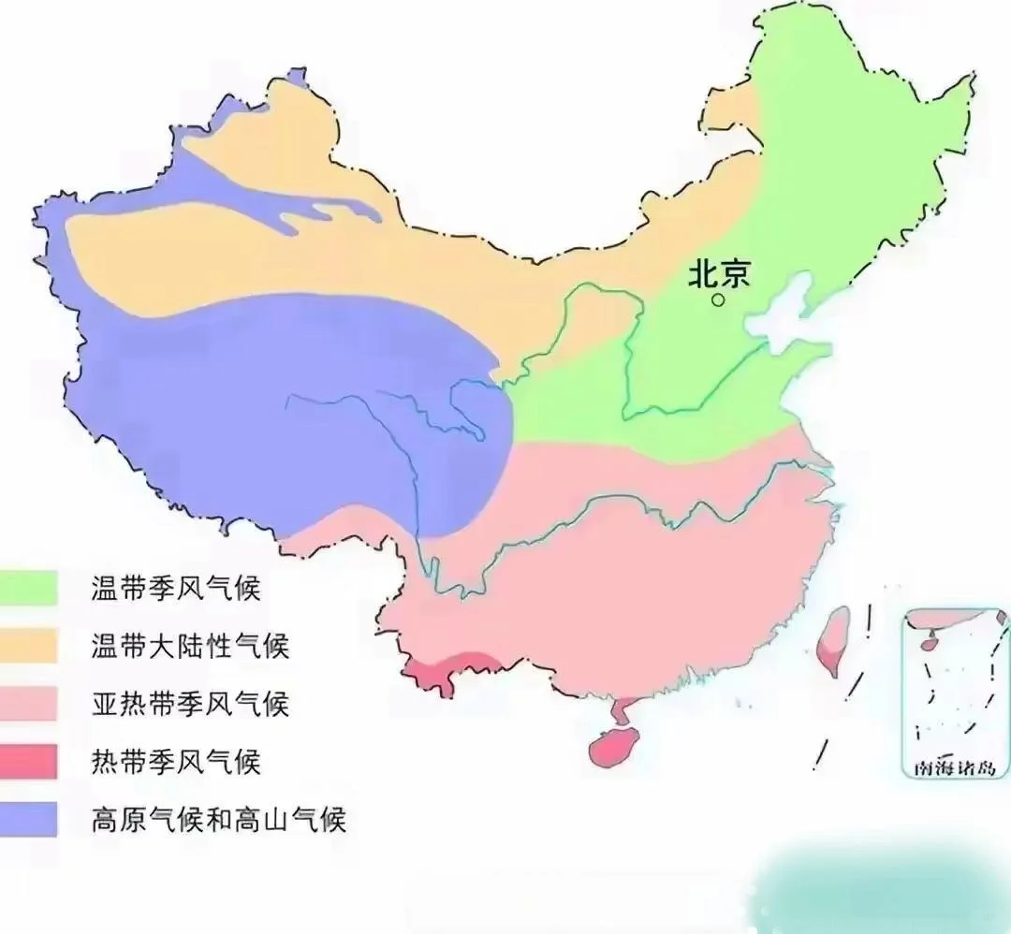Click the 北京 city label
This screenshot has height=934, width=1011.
719,273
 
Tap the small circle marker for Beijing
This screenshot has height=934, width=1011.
718,300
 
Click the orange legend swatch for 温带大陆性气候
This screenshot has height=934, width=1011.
29,647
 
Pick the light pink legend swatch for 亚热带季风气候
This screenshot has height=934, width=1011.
29,704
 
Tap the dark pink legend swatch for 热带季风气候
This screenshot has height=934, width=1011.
29,762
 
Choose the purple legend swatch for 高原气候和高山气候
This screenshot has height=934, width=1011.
29,820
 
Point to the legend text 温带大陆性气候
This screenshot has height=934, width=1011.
190,647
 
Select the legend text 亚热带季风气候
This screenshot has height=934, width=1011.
190,704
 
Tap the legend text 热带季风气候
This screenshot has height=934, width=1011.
175,762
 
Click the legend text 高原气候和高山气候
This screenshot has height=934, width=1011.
219,820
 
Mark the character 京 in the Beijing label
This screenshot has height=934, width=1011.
736,273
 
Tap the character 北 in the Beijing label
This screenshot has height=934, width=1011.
703,273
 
